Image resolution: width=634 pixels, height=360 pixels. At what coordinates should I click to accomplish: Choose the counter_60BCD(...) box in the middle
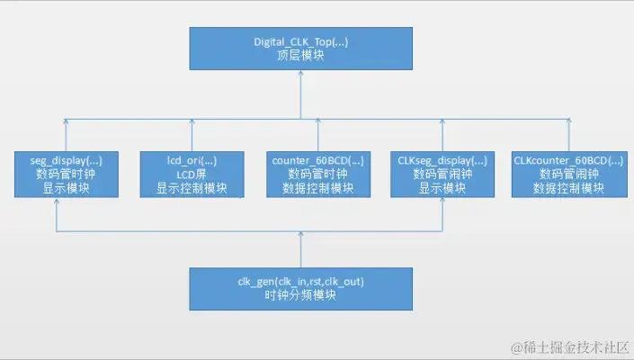tap(317, 175)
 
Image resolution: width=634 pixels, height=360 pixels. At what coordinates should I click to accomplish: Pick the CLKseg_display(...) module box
tap(442, 175)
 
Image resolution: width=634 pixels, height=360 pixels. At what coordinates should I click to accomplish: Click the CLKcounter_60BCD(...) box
tap(567, 175)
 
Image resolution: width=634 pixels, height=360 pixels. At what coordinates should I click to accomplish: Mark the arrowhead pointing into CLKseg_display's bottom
tap(442, 202)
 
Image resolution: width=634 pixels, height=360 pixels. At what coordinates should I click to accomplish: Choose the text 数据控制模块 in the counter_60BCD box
tap(317, 189)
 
